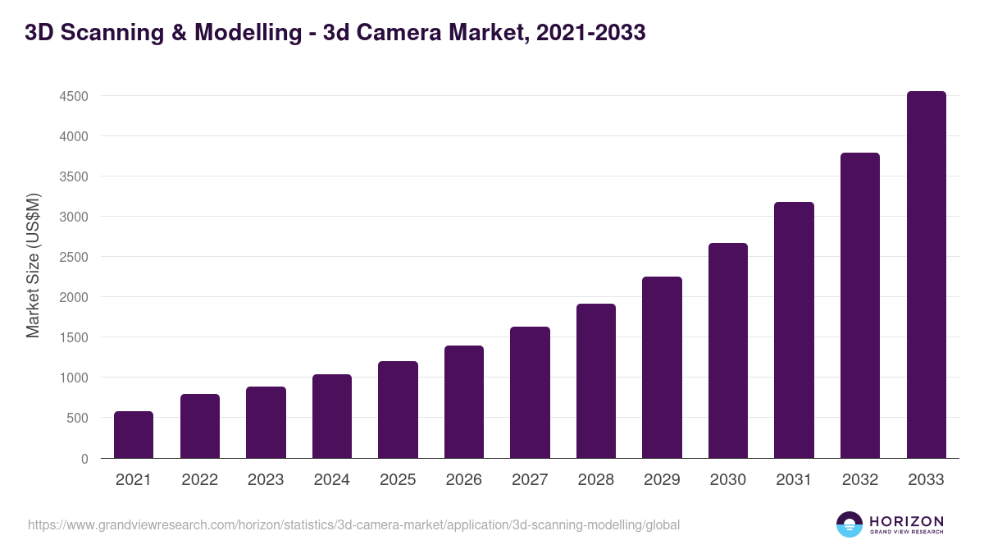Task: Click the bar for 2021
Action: tap(134, 435)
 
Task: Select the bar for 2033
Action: tap(927, 275)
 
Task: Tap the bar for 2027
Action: tap(530, 392)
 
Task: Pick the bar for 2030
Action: tap(728, 350)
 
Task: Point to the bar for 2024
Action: tap(332, 416)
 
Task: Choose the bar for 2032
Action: tap(860, 305)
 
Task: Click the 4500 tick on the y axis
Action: tap(74, 96)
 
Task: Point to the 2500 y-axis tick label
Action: tap(74, 257)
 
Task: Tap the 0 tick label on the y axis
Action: tap(84, 459)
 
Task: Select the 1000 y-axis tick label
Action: tap(74, 378)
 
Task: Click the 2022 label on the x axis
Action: tap(199, 480)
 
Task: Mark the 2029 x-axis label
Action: tap(662, 480)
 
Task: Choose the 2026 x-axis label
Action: tap(463, 480)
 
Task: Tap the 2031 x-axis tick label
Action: tap(794, 480)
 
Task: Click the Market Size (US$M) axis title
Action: tap(33, 265)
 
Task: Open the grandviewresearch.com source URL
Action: tap(353, 524)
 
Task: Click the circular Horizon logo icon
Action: tap(850, 524)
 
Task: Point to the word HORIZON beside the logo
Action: tap(906, 521)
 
